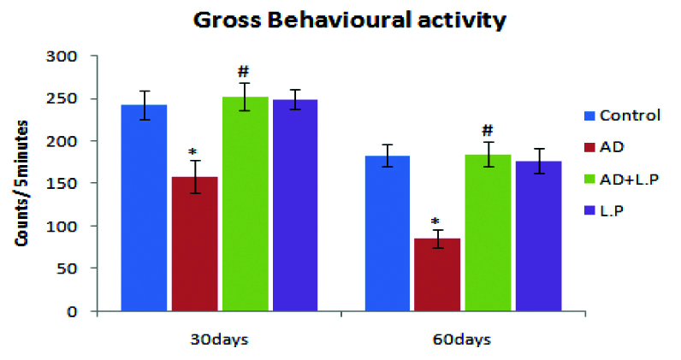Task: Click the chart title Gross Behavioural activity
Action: tap(340, 19)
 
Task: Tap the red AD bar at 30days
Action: tap(195, 244)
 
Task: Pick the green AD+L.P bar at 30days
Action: tap(244, 204)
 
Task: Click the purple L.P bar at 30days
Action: tap(294, 205)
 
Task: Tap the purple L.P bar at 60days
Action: tap(538, 236)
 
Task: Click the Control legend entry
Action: tap(630, 115)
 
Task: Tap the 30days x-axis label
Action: tap(220, 340)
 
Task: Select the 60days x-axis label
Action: tap(463, 340)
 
